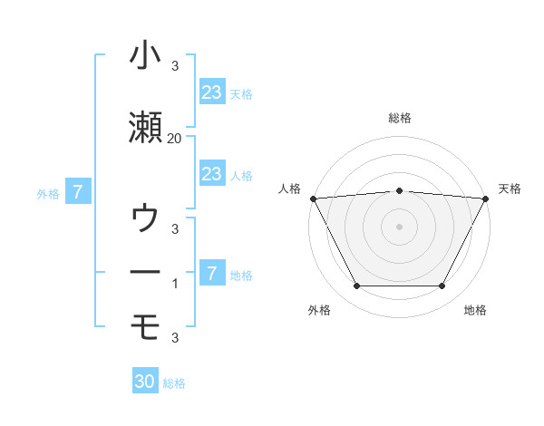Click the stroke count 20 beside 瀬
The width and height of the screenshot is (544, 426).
[x=174, y=138]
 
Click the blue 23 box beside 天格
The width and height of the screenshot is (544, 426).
[x=211, y=92]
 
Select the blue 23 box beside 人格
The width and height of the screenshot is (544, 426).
[x=211, y=174]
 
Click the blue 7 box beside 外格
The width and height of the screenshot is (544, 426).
[x=79, y=192]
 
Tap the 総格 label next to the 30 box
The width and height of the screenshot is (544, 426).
[x=174, y=383]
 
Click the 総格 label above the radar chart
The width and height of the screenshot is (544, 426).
[x=399, y=119]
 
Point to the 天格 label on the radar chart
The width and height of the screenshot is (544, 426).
[x=510, y=189]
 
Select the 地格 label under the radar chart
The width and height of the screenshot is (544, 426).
[x=475, y=310]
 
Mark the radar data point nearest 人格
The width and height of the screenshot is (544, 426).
[x=313, y=198]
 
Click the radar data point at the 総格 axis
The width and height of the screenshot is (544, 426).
[x=399, y=191]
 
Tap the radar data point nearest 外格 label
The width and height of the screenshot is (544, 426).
[x=356, y=286]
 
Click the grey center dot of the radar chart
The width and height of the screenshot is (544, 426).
[x=399, y=227]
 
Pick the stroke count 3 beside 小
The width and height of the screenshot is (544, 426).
[x=175, y=66]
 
